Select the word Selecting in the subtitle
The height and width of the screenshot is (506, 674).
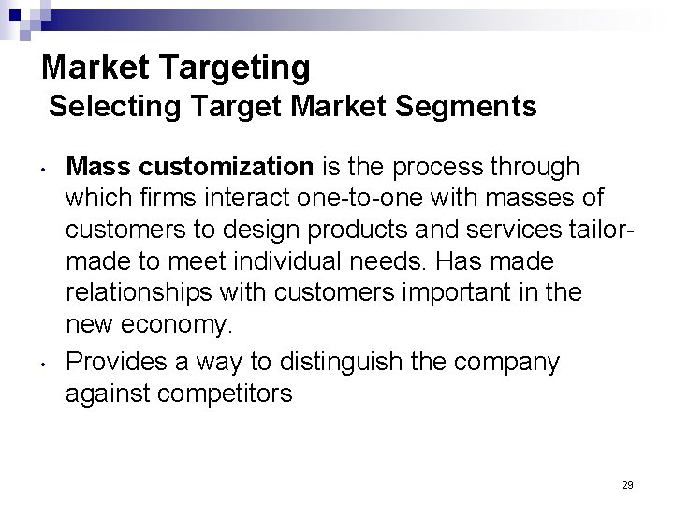coord(105,108)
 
